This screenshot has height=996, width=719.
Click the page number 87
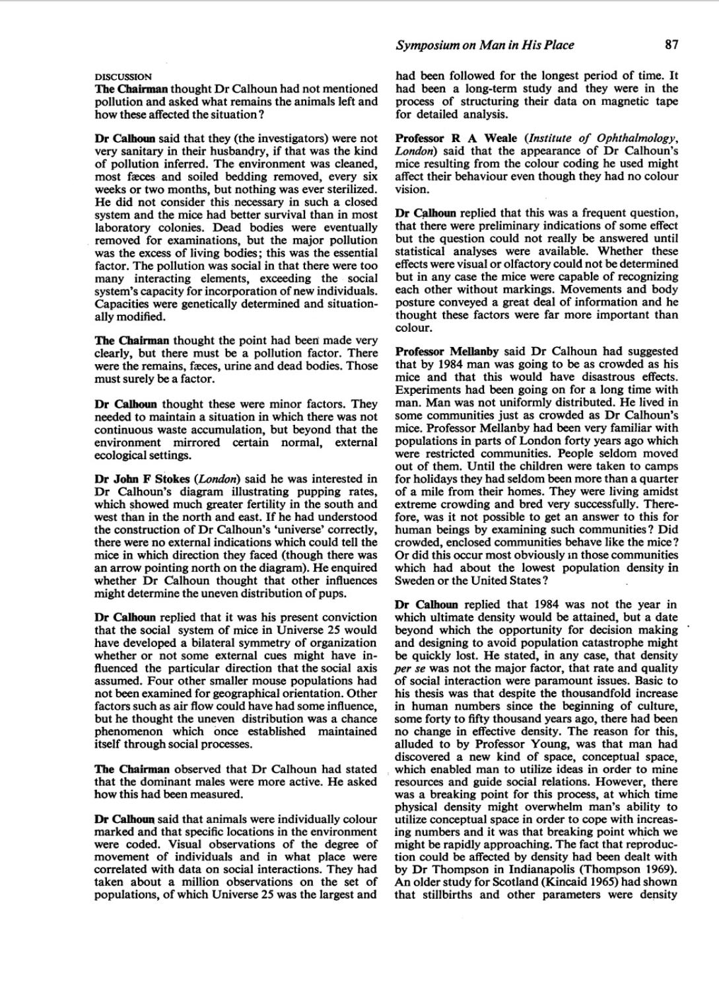point(671,45)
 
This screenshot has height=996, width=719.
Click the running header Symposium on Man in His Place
point(484,45)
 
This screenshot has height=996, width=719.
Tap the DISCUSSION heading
point(123,76)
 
